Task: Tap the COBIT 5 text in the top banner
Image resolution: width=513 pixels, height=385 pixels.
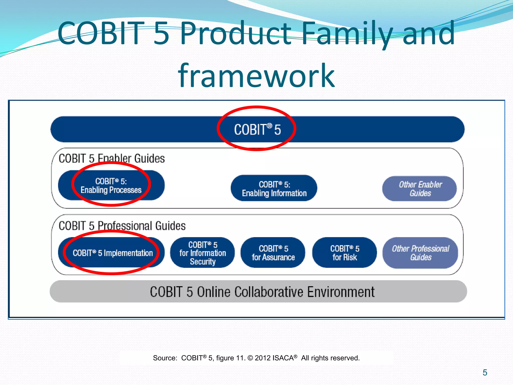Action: click(x=257, y=129)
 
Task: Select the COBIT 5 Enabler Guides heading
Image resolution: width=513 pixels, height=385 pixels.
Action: click(x=112, y=158)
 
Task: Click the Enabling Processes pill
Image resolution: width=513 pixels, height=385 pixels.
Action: click(x=111, y=185)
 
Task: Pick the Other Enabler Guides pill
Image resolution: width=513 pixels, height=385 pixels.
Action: click(x=420, y=188)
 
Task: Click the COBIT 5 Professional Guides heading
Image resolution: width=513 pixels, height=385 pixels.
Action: click(x=122, y=226)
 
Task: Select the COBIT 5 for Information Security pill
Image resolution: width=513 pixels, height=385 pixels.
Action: click(x=202, y=253)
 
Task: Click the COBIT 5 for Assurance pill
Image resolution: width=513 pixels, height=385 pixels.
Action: click(x=273, y=253)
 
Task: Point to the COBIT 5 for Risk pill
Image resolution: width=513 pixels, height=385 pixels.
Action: click(x=344, y=253)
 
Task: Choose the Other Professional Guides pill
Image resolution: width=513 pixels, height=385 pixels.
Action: click(x=420, y=253)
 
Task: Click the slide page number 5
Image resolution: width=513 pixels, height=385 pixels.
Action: click(x=485, y=372)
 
